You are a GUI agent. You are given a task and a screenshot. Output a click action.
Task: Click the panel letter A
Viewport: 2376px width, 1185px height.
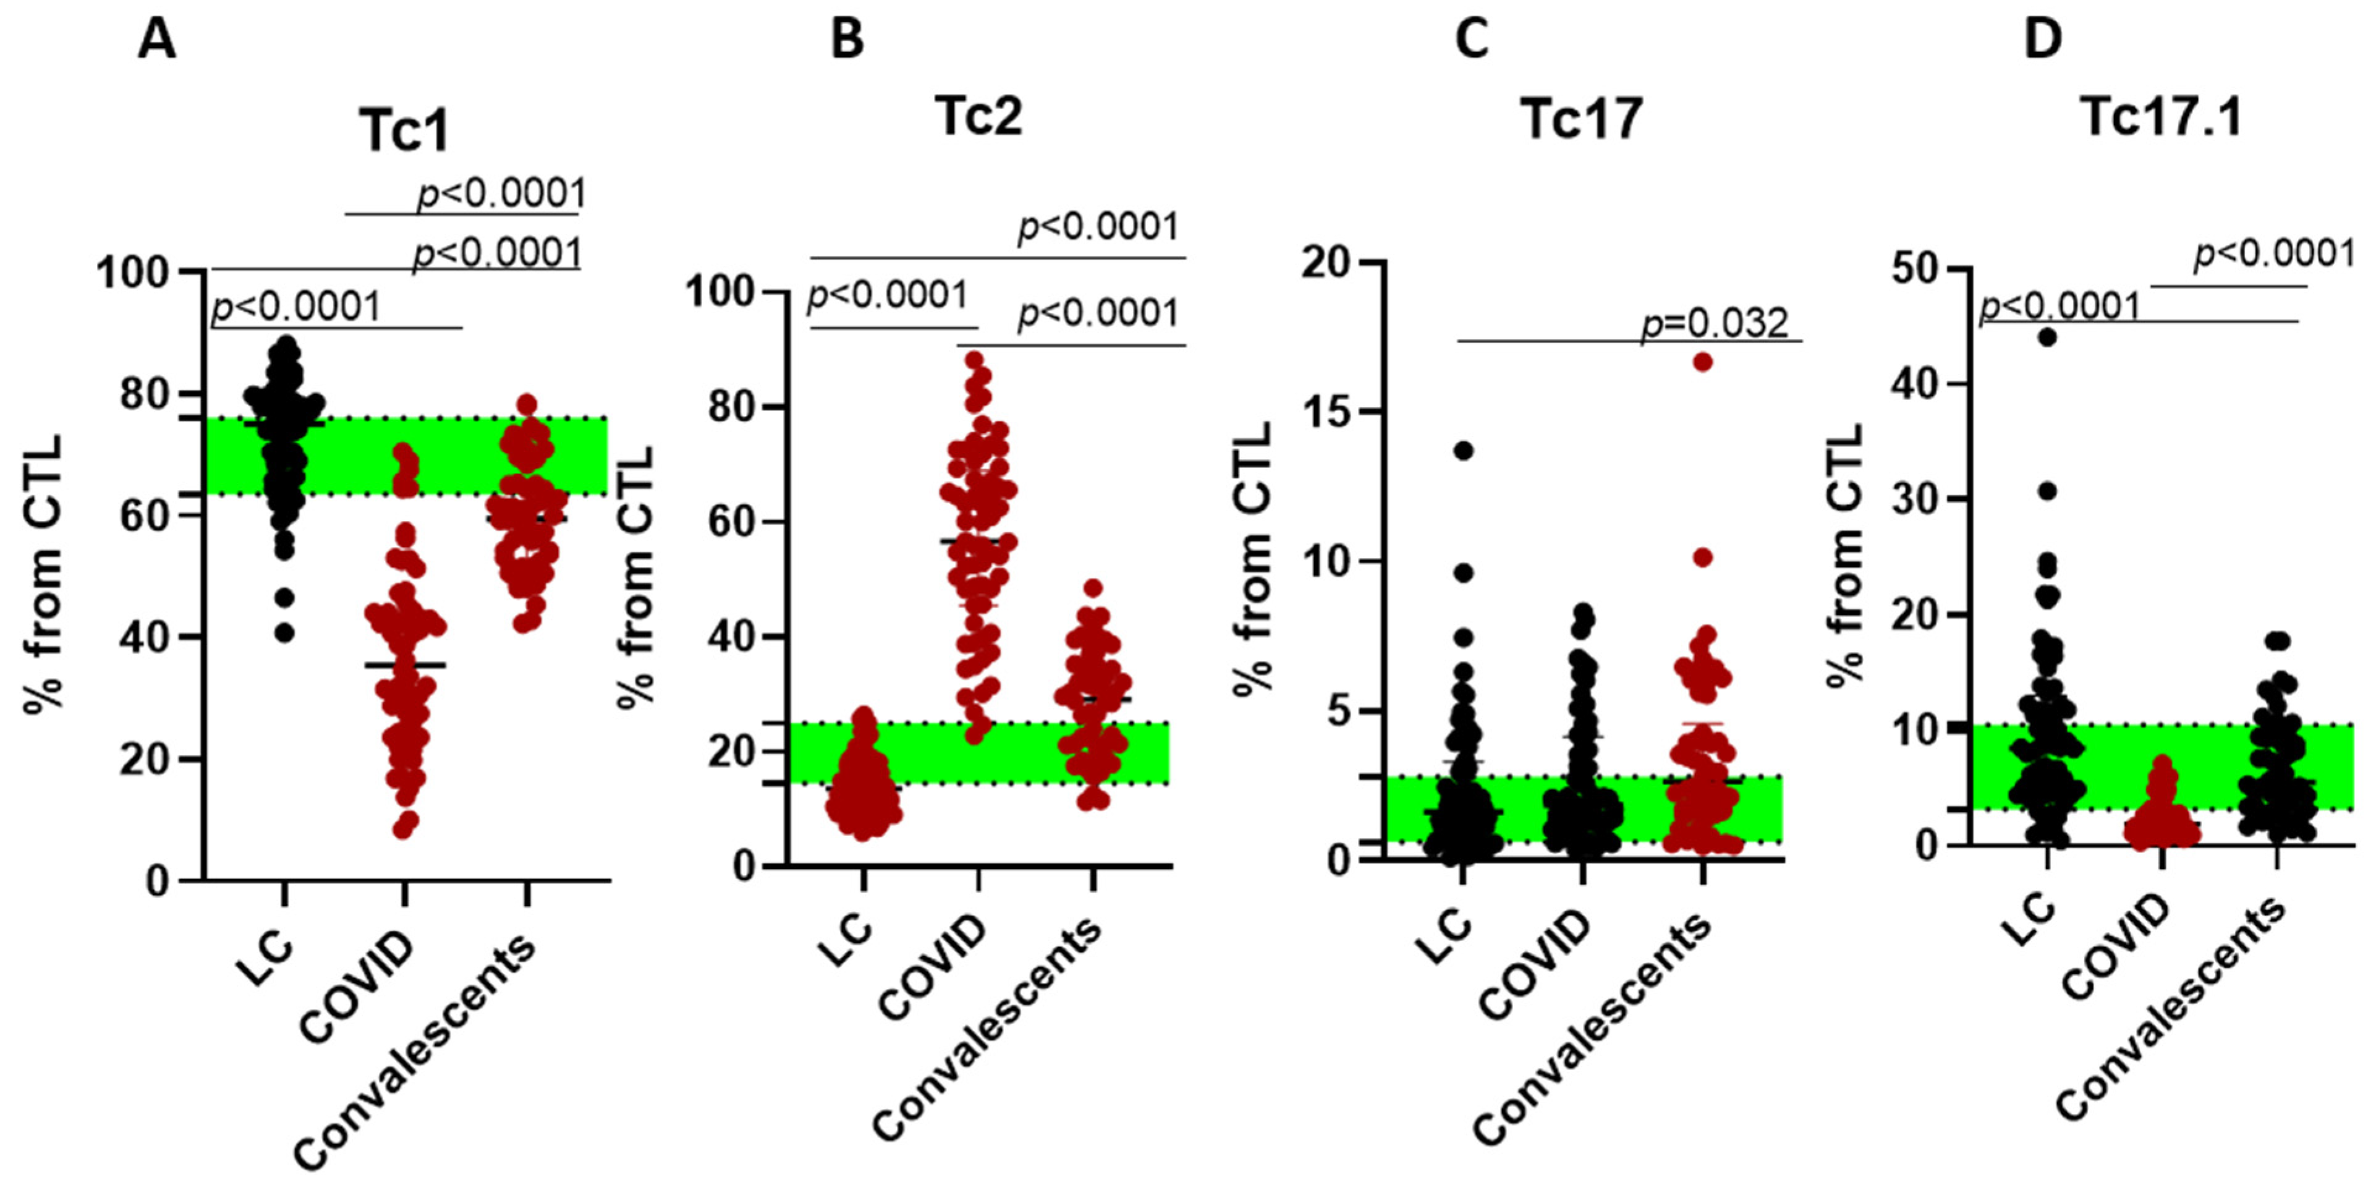(157, 41)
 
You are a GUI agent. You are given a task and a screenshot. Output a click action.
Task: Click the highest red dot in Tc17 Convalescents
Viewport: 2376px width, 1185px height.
(1703, 362)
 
